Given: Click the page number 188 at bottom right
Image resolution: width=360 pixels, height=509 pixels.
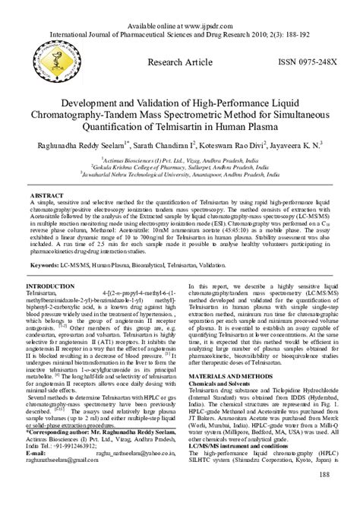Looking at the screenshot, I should (x=323, y=475).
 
